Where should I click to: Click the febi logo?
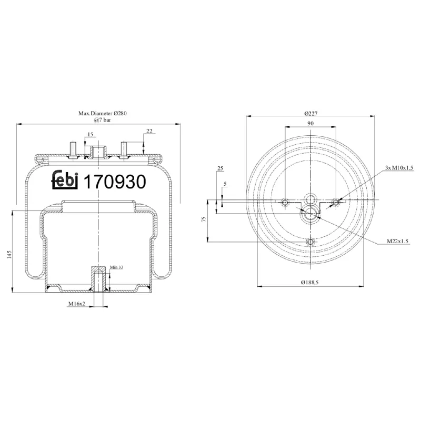[x=65, y=181]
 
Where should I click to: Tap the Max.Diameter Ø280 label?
[x=103, y=113]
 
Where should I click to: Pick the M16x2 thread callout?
[x=77, y=304]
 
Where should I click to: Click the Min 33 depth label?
[x=116, y=267]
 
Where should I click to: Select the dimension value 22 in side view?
[x=149, y=132]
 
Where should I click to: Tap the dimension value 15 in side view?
[x=90, y=135]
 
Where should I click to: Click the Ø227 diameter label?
[x=310, y=113]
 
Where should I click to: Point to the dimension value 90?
[x=310, y=123]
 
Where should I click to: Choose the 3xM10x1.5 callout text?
[x=399, y=167]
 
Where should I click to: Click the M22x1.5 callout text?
[x=397, y=241]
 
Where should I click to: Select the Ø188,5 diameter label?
[x=310, y=283]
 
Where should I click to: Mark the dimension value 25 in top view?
[x=219, y=168]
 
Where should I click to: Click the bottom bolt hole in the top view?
[x=310, y=242]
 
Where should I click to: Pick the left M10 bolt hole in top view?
[x=285, y=202]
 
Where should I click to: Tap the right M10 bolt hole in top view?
[x=336, y=202]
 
